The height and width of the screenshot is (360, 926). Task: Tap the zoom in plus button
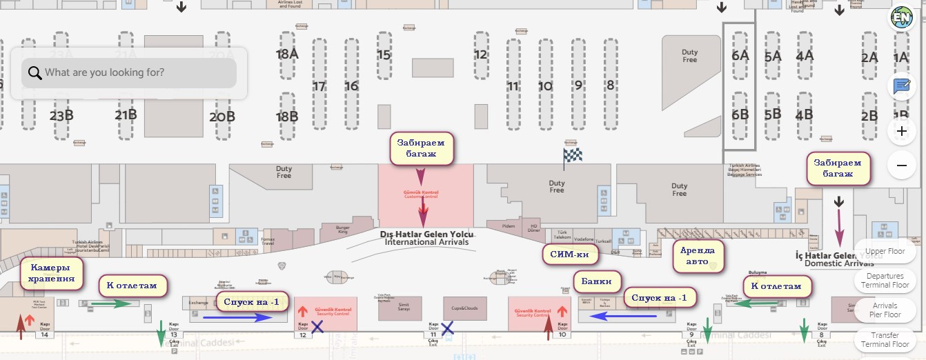pos(901,130)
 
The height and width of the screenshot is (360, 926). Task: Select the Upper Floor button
pos(885,252)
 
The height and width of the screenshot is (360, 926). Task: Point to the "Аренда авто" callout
pos(698,256)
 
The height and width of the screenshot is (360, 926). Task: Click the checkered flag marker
pos(573,155)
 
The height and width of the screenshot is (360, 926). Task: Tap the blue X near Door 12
pos(317,326)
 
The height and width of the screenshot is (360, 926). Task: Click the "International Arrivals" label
pos(426,242)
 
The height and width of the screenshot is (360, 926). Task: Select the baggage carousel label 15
pos(384,54)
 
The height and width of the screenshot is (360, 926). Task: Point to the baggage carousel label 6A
pos(740,55)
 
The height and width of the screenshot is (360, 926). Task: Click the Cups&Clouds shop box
pos(464,308)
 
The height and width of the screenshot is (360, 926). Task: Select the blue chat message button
pos(901,86)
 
